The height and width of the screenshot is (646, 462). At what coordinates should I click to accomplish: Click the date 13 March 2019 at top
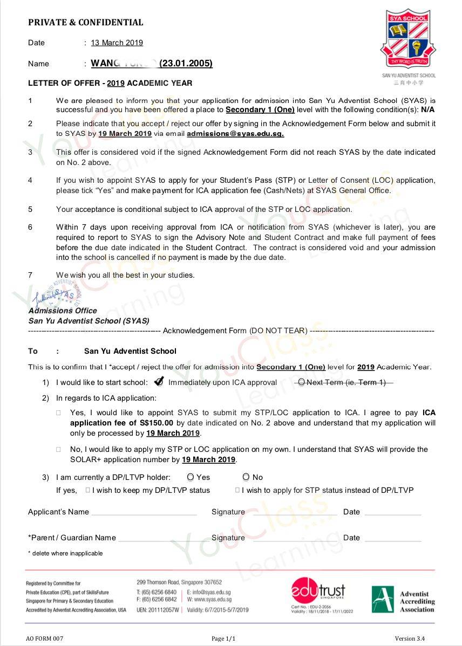(x=117, y=43)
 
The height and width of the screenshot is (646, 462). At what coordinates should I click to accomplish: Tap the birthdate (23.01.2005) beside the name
(x=186, y=64)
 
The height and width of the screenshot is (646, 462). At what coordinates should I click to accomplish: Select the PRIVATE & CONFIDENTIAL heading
(x=85, y=23)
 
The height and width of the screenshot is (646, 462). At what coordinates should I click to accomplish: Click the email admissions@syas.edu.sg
(x=235, y=134)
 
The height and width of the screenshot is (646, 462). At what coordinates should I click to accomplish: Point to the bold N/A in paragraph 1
(x=428, y=109)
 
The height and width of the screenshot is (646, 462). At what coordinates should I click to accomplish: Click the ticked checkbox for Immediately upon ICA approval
(x=159, y=382)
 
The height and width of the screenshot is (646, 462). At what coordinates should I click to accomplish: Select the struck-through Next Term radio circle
(x=301, y=382)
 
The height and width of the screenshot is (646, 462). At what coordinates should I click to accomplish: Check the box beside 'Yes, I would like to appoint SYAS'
(x=59, y=413)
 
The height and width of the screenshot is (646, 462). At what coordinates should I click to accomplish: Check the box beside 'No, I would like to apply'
(x=59, y=449)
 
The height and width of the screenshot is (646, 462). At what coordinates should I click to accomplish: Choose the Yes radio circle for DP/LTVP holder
(x=191, y=477)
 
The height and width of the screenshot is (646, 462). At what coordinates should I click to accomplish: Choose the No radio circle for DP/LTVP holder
(x=246, y=477)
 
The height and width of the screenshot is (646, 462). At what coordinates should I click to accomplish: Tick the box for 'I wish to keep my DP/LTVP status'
(x=88, y=490)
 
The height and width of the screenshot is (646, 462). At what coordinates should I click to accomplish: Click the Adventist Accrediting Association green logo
(x=383, y=599)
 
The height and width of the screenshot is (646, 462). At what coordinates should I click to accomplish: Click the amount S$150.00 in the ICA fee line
(x=157, y=423)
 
